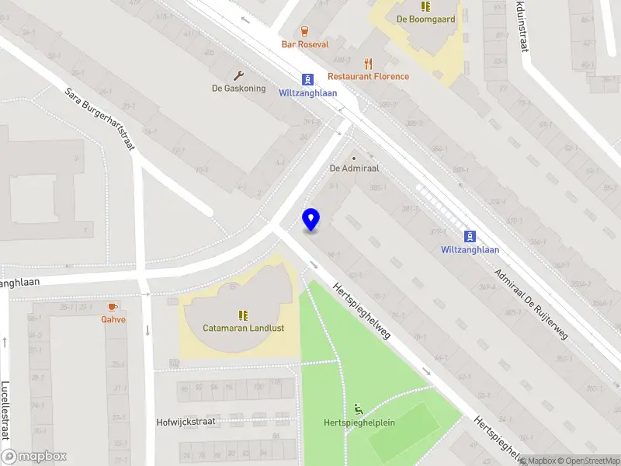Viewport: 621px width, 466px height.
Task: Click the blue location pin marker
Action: [x=311, y=220]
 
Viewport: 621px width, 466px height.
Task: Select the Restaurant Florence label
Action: [x=368, y=76]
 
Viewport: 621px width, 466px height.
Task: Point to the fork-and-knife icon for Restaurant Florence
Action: [x=369, y=63]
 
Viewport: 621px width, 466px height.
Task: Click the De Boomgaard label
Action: [x=425, y=19]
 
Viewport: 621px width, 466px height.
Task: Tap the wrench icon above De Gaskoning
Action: [x=239, y=75]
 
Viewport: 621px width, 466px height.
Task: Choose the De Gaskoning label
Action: [x=239, y=89]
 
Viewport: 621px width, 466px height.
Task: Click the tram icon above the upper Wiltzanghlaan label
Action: [x=308, y=79]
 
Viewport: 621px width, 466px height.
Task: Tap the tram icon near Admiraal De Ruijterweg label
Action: [x=470, y=236]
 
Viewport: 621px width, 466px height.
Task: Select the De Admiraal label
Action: [x=353, y=168]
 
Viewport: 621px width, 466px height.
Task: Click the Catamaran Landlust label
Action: [x=243, y=328]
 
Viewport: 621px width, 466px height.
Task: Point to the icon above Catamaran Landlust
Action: [x=243, y=315]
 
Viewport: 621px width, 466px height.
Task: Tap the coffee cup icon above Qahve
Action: [x=113, y=307]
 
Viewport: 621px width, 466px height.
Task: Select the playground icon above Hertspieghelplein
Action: [x=359, y=409]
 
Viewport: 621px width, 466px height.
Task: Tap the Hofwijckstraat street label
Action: [x=186, y=422]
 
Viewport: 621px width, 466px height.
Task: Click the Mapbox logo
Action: [x=34, y=457]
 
